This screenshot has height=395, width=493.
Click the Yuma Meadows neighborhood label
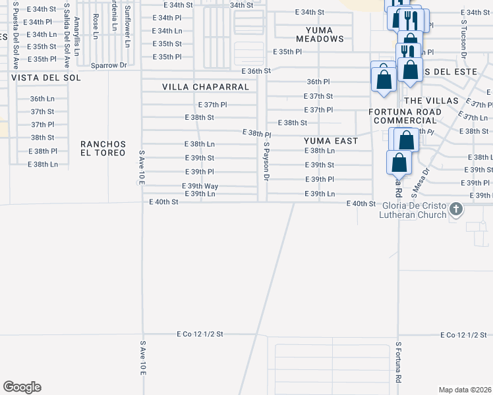tap(320, 34)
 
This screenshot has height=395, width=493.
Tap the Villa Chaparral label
tap(206, 87)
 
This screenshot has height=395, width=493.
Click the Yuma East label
tap(331, 141)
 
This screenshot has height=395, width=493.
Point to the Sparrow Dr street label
tap(109, 66)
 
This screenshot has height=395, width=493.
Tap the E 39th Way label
tap(201, 186)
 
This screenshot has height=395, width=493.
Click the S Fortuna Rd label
tap(398, 362)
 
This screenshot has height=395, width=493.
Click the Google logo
tap(22, 387)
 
